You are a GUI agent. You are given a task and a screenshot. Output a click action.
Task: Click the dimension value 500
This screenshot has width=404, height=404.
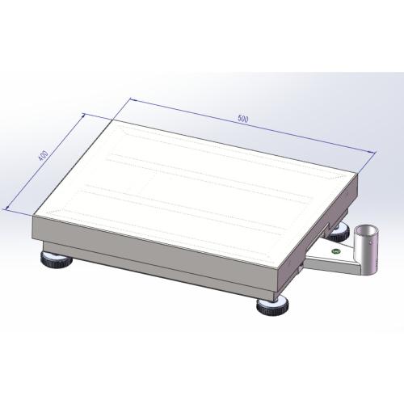pos(243,119)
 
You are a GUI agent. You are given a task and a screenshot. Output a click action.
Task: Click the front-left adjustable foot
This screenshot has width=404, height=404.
pos(56,260)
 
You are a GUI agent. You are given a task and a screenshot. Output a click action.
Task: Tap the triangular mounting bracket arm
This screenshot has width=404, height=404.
pos(327,257)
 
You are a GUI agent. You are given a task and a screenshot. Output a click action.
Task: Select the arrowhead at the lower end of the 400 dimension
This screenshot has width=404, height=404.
pos(8,210)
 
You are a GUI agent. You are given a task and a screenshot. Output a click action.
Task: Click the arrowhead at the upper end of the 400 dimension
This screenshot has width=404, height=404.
pos(86,116)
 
